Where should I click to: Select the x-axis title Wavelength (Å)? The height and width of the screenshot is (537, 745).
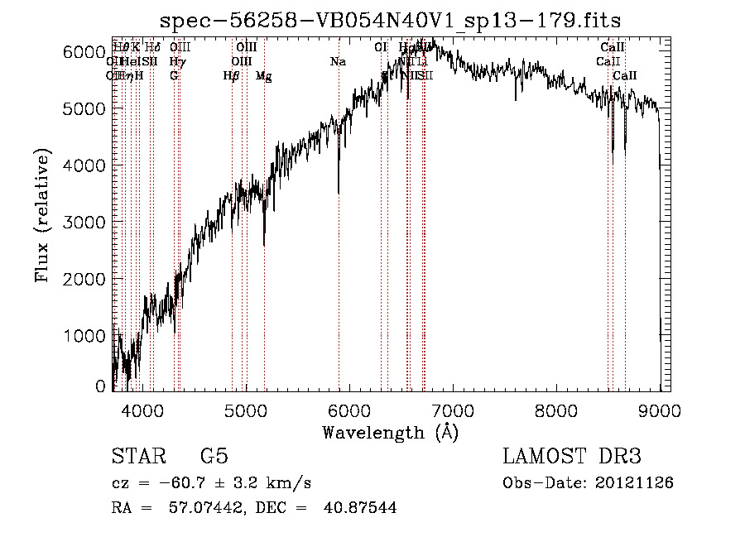click(x=391, y=431)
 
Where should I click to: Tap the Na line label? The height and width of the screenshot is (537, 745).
click(x=338, y=61)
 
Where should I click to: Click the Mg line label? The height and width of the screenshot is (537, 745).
click(x=263, y=76)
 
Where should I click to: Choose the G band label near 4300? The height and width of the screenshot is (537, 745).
click(x=174, y=75)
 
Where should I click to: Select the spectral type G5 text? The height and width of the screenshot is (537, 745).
click(x=214, y=457)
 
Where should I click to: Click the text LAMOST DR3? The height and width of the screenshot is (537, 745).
click(x=571, y=457)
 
